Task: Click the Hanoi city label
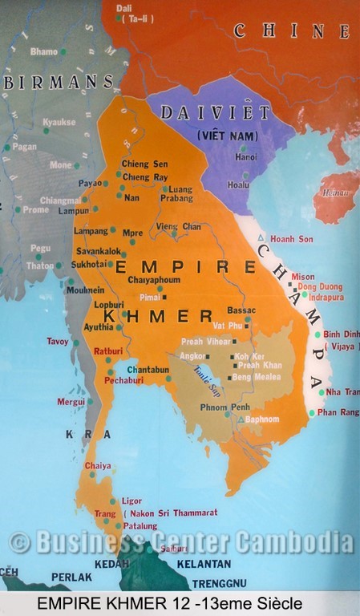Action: [245, 157]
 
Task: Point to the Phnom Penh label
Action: [229, 407]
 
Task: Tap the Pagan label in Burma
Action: [26, 148]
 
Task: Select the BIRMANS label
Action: [58, 82]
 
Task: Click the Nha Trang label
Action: [342, 392]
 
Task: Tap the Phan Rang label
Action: [338, 412]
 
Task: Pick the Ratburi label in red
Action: [108, 351]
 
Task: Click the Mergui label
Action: [71, 401]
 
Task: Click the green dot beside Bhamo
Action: [63, 52]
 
